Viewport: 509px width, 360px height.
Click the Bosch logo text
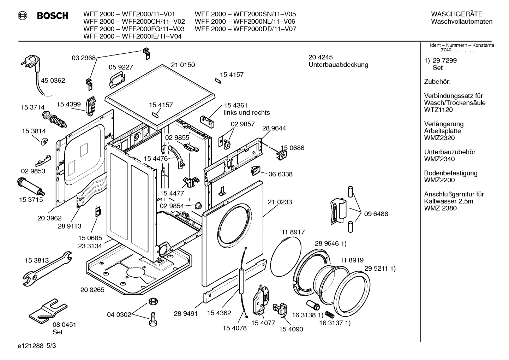click(53, 16)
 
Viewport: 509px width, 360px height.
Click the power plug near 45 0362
click(30, 63)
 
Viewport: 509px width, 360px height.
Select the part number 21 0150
click(183, 65)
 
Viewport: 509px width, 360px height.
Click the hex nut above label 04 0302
click(152, 301)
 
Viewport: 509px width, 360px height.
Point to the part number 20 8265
click(92, 290)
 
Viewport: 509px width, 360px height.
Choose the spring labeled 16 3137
click(329, 314)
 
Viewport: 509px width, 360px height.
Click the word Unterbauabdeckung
click(338, 65)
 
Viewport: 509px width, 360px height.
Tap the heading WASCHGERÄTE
click(456, 14)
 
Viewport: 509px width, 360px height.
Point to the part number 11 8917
click(293, 232)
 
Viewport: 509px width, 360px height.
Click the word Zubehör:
click(437, 82)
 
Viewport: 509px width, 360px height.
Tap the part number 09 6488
click(376, 214)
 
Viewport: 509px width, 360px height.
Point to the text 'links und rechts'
click(247, 113)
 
